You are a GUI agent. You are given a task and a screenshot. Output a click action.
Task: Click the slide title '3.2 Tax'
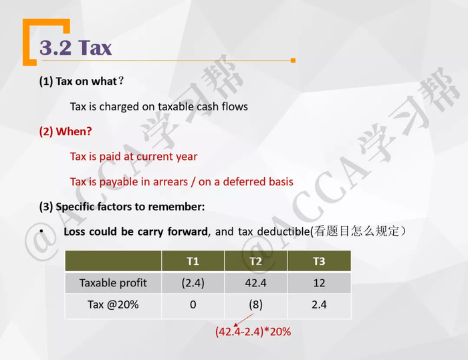click(x=76, y=48)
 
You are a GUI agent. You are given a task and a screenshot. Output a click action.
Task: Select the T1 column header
click(x=193, y=261)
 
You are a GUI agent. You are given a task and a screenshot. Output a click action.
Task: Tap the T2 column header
click(x=255, y=261)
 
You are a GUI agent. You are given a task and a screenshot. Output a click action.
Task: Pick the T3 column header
click(x=319, y=261)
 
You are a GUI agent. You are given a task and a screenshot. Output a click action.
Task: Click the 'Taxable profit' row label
click(x=113, y=283)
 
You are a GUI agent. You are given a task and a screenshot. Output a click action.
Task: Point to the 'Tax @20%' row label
click(x=113, y=304)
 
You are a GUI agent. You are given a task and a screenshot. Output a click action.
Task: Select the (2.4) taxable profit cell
click(x=193, y=283)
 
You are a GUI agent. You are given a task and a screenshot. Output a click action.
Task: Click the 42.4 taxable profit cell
click(x=255, y=283)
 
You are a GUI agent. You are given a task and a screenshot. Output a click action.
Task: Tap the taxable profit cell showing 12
click(x=319, y=283)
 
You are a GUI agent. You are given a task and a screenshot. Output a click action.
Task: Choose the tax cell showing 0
click(x=193, y=304)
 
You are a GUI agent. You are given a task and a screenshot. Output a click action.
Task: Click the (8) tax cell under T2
click(x=255, y=304)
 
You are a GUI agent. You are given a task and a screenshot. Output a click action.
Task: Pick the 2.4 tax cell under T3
click(x=319, y=304)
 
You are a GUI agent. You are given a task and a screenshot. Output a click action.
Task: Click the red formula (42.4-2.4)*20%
click(x=253, y=331)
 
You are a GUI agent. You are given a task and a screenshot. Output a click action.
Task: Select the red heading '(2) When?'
click(x=66, y=132)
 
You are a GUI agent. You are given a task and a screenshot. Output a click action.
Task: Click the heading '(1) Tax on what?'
click(x=82, y=81)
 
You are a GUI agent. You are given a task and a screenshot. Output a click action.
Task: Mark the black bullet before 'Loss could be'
click(x=41, y=232)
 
